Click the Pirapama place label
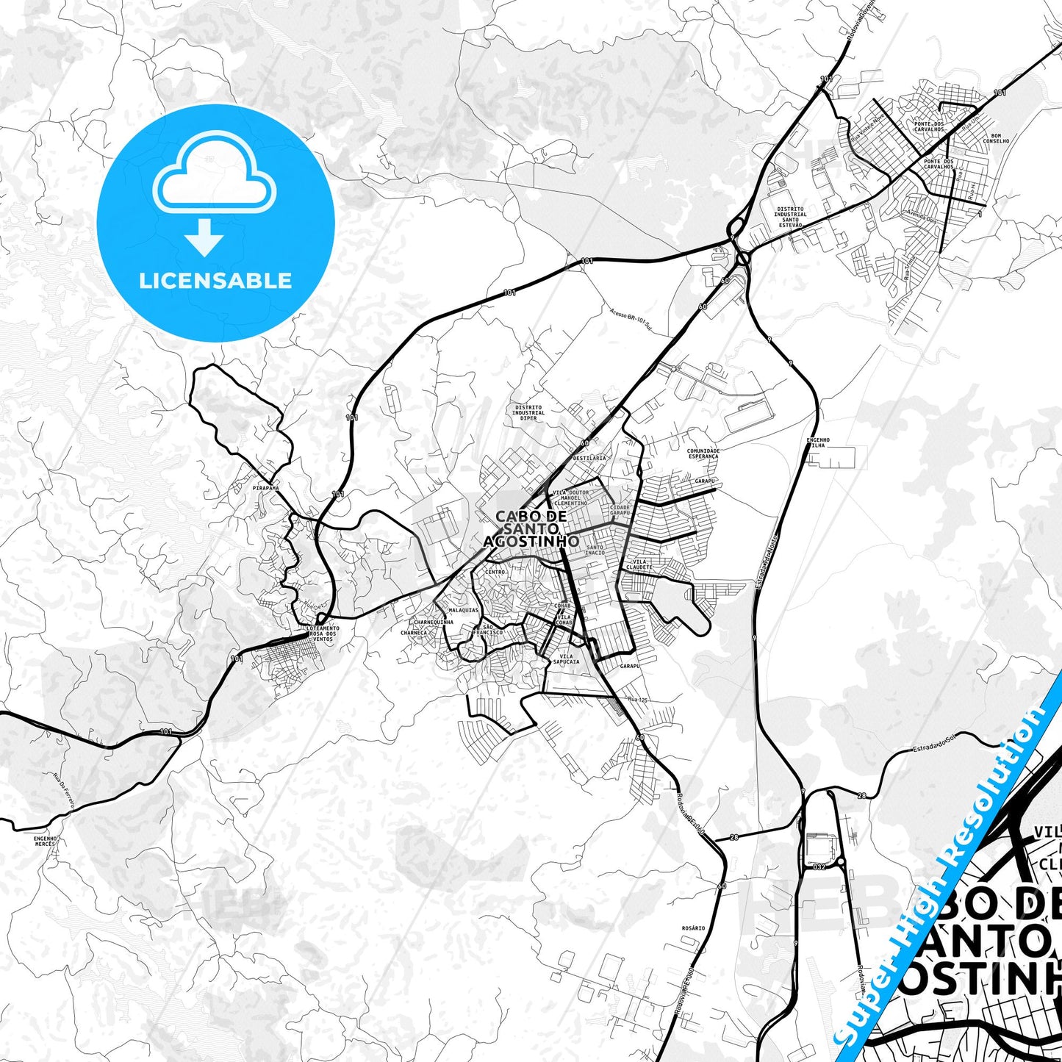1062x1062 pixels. [x=265, y=487]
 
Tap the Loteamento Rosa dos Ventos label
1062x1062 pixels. [x=323, y=634]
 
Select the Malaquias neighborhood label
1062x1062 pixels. [x=463, y=610]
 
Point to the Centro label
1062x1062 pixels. [x=495, y=572]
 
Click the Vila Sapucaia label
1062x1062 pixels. [x=569, y=659]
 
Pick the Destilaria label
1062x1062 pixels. [x=589, y=458]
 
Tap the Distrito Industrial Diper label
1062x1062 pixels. [x=528, y=412]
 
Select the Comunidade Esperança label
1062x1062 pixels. [x=703, y=453]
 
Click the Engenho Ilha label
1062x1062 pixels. [x=818, y=442]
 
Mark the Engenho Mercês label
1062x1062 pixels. [x=46, y=841]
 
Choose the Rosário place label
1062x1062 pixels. [x=693, y=928]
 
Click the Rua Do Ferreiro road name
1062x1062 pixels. [x=64, y=791]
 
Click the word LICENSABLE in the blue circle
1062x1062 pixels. [x=215, y=281]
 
